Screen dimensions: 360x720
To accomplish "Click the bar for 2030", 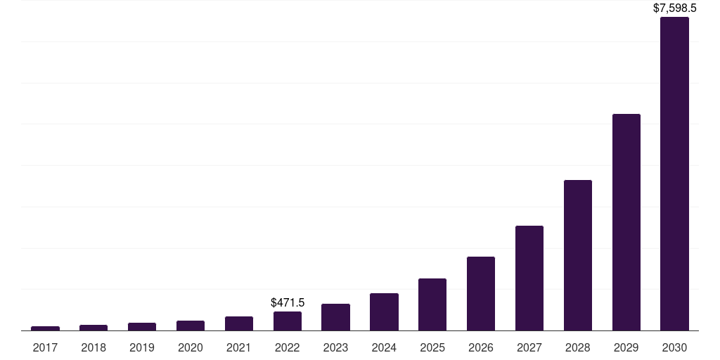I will tap(674, 174).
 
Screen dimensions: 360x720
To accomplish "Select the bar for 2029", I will tap(626, 222).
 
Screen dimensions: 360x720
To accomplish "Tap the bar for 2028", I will tap(577, 255).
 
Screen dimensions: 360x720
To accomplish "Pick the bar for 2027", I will tap(529, 278).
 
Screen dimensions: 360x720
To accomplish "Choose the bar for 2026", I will tap(480, 293).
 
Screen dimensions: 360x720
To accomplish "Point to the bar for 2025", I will tap(432, 304).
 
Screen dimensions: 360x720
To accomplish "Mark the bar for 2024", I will tap(384, 311).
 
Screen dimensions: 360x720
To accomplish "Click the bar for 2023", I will tap(335, 317).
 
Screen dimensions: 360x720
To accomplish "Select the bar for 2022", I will tap(287, 321).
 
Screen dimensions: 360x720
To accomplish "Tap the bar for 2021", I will tap(238, 323).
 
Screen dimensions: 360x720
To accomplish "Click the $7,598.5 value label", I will tap(674, 8).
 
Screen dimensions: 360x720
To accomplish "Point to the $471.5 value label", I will tap(287, 302).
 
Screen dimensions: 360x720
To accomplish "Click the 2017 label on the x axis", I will tap(45, 347).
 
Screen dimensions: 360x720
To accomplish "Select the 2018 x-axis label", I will tap(94, 347).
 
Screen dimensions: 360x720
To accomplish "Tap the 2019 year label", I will tap(142, 347).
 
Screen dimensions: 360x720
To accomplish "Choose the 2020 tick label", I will tap(190, 347).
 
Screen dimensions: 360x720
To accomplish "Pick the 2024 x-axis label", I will tap(384, 347).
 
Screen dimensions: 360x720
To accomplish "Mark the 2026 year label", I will tap(480, 347).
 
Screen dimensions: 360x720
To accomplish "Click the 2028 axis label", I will tap(577, 347).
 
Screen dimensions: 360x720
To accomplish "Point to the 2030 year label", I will tap(674, 347).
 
